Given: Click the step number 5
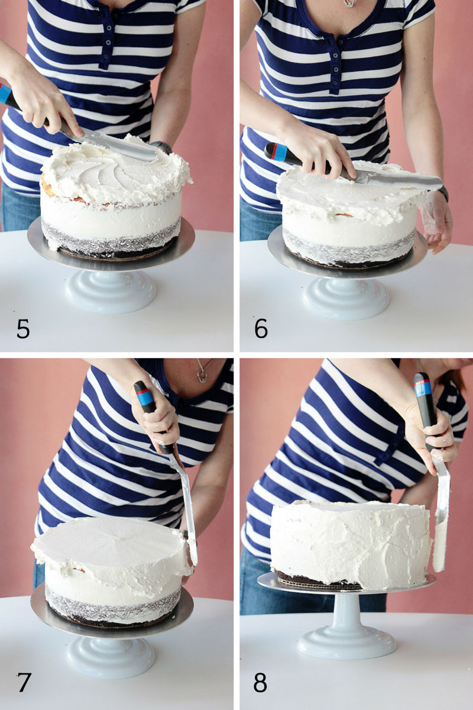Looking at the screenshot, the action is [23, 329].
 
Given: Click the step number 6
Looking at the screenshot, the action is [261, 329].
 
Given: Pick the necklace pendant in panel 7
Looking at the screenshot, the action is [201, 376].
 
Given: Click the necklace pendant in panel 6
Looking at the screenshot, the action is [349, 3].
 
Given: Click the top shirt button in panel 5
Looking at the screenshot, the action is [109, 28].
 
